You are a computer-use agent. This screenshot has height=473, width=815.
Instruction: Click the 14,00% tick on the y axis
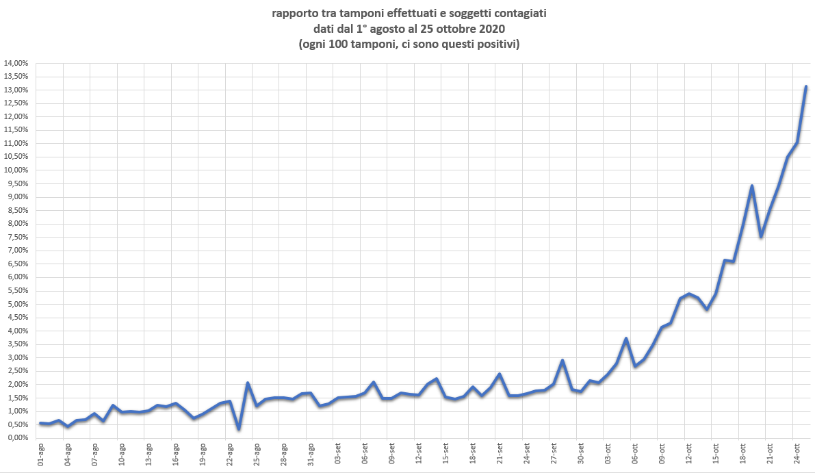16,63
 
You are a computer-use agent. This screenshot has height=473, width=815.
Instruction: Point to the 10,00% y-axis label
16,170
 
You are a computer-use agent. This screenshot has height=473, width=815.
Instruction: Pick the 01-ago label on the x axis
41,455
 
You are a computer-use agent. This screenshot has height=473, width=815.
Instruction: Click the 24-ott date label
797,455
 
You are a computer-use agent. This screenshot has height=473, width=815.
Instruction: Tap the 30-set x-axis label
580,455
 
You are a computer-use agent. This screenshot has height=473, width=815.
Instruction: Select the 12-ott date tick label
688,455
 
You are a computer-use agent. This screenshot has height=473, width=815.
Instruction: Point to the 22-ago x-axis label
230,455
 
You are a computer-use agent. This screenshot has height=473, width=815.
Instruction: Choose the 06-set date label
365,455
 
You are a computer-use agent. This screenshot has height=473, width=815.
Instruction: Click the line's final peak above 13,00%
806,87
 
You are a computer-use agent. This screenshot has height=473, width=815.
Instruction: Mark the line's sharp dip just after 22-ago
239,429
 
